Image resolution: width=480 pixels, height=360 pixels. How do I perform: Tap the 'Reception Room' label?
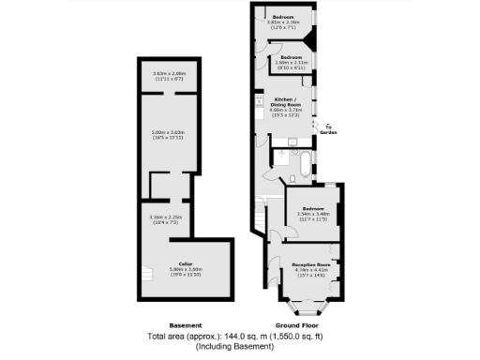tap(310, 265)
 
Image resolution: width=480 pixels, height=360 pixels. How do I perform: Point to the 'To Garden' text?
tap(328, 130)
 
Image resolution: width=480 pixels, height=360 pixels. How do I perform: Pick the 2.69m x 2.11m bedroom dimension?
tap(294, 64)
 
